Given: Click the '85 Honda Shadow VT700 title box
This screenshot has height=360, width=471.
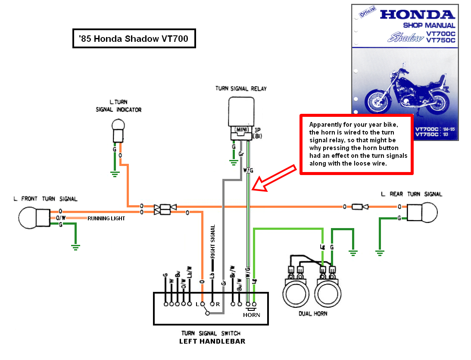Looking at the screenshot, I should tap(134, 39).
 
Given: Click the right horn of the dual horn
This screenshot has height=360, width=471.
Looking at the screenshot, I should tap(328, 293).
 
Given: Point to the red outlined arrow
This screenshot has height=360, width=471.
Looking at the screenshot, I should tap(274, 177).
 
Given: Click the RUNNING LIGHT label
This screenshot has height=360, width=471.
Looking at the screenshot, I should tap(106, 219).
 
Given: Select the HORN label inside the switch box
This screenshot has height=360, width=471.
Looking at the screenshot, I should tap(251, 315).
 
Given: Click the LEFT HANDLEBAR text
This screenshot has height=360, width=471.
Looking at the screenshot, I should tap(212, 341).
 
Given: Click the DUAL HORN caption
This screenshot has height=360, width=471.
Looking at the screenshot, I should tap(313, 313).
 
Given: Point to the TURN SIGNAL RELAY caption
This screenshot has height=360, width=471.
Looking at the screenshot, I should tap(241, 89).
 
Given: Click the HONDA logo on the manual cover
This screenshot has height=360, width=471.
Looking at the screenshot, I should tap(417, 15).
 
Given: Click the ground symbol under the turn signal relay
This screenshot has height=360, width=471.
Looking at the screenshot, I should tap(234, 163).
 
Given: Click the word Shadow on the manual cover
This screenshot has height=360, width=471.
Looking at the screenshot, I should tap(405, 38).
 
